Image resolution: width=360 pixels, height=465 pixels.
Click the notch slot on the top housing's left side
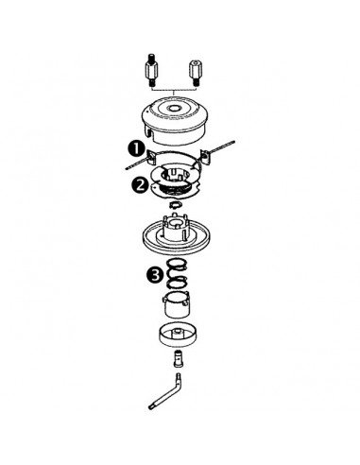point(148,120)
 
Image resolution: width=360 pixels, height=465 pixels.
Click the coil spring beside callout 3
point(180,275)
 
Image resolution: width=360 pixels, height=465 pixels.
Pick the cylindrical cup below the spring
point(180,308)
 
